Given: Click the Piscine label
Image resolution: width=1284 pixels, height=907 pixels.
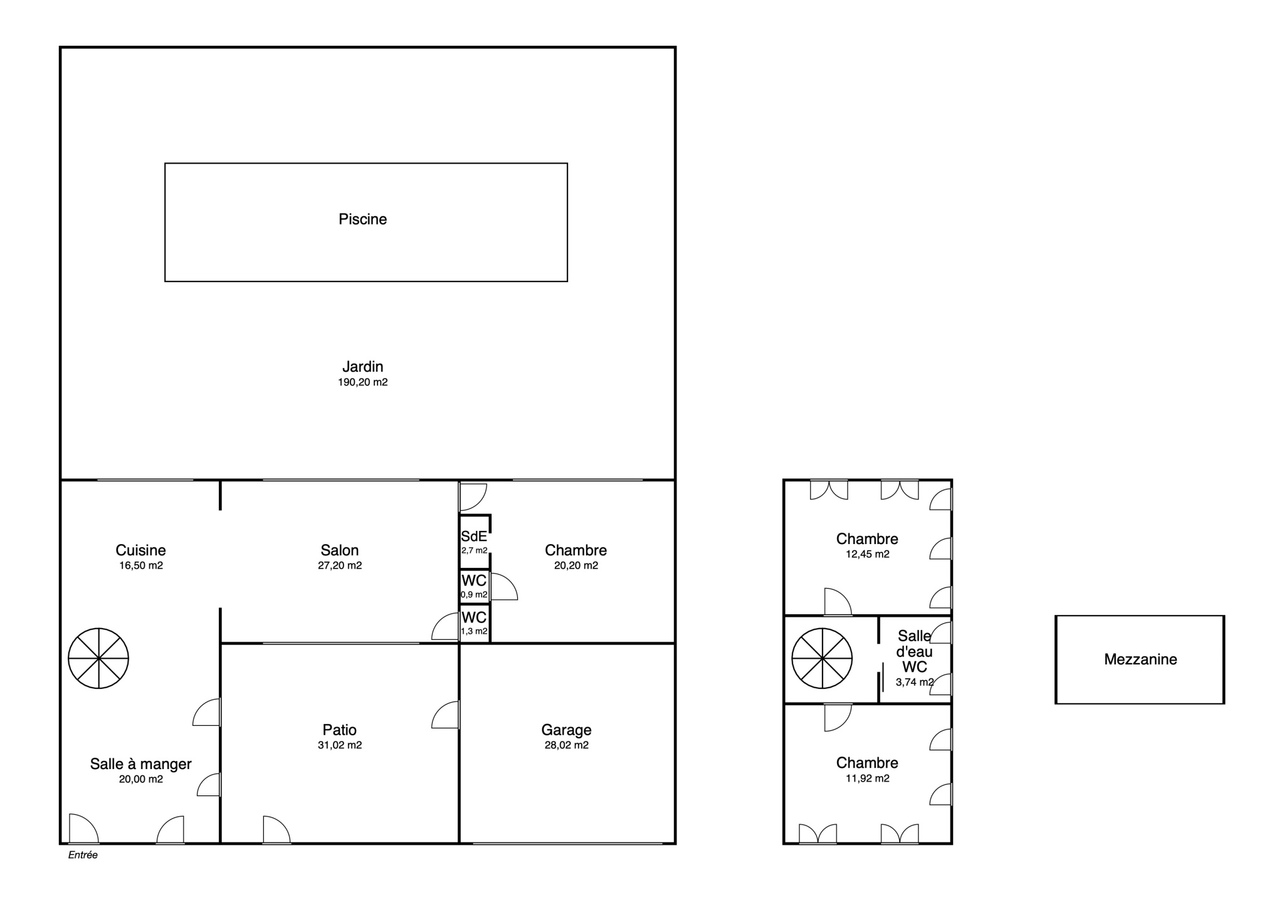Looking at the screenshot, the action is pyautogui.click(x=362, y=219).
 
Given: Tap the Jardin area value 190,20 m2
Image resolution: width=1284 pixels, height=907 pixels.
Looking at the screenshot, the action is pyautogui.click(x=362, y=382).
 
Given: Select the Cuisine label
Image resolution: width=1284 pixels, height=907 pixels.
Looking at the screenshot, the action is pyautogui.click(x=140, y=550).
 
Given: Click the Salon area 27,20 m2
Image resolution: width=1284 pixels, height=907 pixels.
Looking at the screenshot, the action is pyautogui.click(x=340, y=565).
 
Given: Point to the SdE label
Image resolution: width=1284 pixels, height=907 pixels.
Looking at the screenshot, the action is pyautogui.click(x=473, y=537).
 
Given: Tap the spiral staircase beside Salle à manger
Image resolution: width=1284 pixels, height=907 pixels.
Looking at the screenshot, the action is pyautogui.click(x=98, y=658).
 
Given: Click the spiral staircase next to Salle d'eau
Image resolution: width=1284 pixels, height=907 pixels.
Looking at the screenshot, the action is pyautogui.click(x=822, y=658).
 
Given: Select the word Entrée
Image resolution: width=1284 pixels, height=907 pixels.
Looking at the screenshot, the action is pyautogui.click(x=83, y=855).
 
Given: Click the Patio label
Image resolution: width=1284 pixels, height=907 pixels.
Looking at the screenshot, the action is pyautogui.click(x=339, y=730).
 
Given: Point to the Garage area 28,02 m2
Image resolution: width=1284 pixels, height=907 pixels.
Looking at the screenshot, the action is pyautogui.click(x=566, y=745).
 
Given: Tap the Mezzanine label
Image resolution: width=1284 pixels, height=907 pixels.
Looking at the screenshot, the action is pyautogui.click(x=1140, y=659).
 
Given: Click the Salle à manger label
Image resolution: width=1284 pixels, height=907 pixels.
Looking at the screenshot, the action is pyautogui.click(x=140, y=764).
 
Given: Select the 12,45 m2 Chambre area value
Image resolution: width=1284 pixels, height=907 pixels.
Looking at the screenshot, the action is pyautogui.click(x=867, y=554).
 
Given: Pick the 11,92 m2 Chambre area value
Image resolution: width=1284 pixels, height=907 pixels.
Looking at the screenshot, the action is pyautogui.click(x=867, y=779).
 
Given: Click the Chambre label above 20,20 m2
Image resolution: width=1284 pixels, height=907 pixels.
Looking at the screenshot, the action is pyautogui.click(x=576, y=550).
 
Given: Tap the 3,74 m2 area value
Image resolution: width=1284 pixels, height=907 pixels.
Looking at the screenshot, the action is pyautogui.click(x=915, y=682).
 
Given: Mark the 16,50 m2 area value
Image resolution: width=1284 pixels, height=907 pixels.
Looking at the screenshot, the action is pyautogui.click(x=141, y=565).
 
